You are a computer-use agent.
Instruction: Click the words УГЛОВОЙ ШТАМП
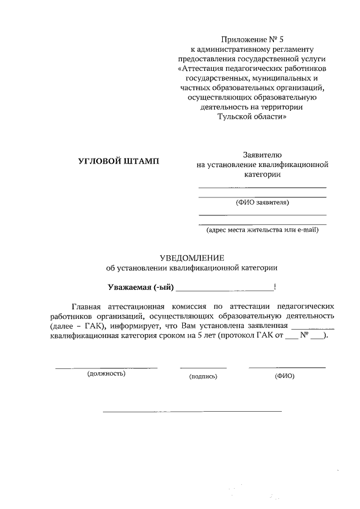coord(118,161)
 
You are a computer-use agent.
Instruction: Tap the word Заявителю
coord(262,154)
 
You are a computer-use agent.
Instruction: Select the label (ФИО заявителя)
coord(262,202)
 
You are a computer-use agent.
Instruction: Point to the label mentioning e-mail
coord(262,229)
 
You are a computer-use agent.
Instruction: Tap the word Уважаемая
coord(130,288)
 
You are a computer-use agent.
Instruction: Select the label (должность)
coord(106,373)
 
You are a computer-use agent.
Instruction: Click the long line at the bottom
coord(192,412)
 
